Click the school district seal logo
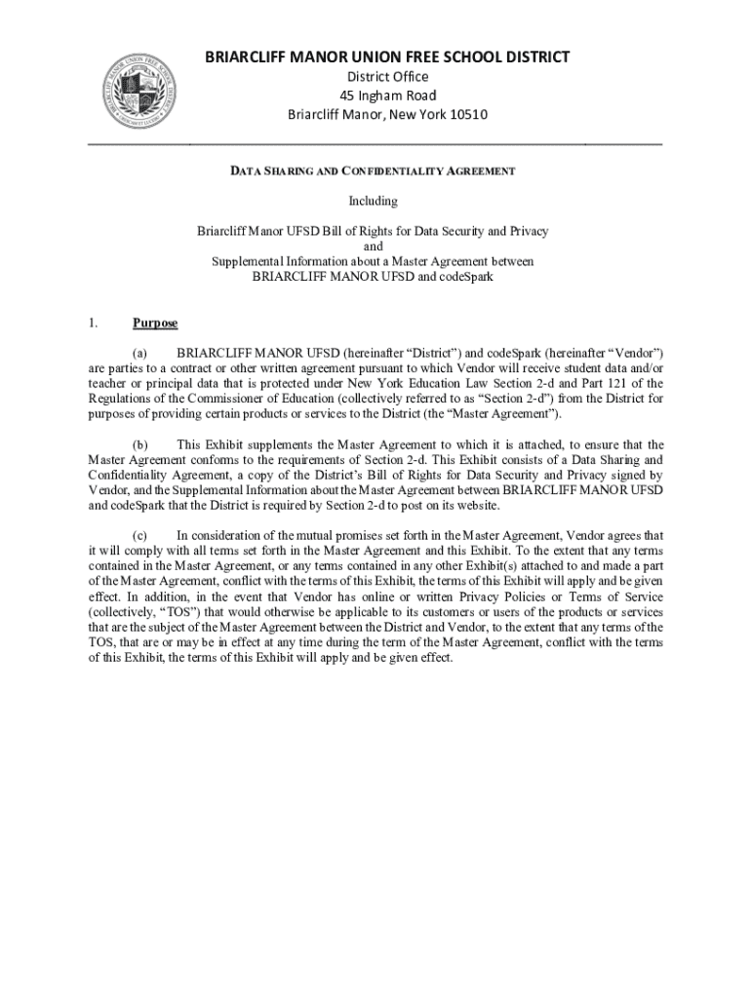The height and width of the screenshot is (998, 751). tap(143, 90)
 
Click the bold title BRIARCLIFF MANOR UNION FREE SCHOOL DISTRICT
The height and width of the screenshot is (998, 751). tap(387, 58)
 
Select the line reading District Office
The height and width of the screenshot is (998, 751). tap(387, 77)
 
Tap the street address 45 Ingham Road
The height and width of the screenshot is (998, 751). tap(387, 96)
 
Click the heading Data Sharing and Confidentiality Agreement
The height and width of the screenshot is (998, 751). tap(373, 172)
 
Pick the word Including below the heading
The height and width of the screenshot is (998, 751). tap(374, 201)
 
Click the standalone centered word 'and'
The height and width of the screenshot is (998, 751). tap(374, 247)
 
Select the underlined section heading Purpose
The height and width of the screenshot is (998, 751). tap(155, 323)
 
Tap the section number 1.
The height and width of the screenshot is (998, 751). tap(93, 323)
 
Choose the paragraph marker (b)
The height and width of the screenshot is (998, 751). tap(140, 444)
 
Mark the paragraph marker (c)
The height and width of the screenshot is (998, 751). tap(140, 535)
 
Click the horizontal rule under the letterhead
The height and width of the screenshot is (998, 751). tap(375, 144)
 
